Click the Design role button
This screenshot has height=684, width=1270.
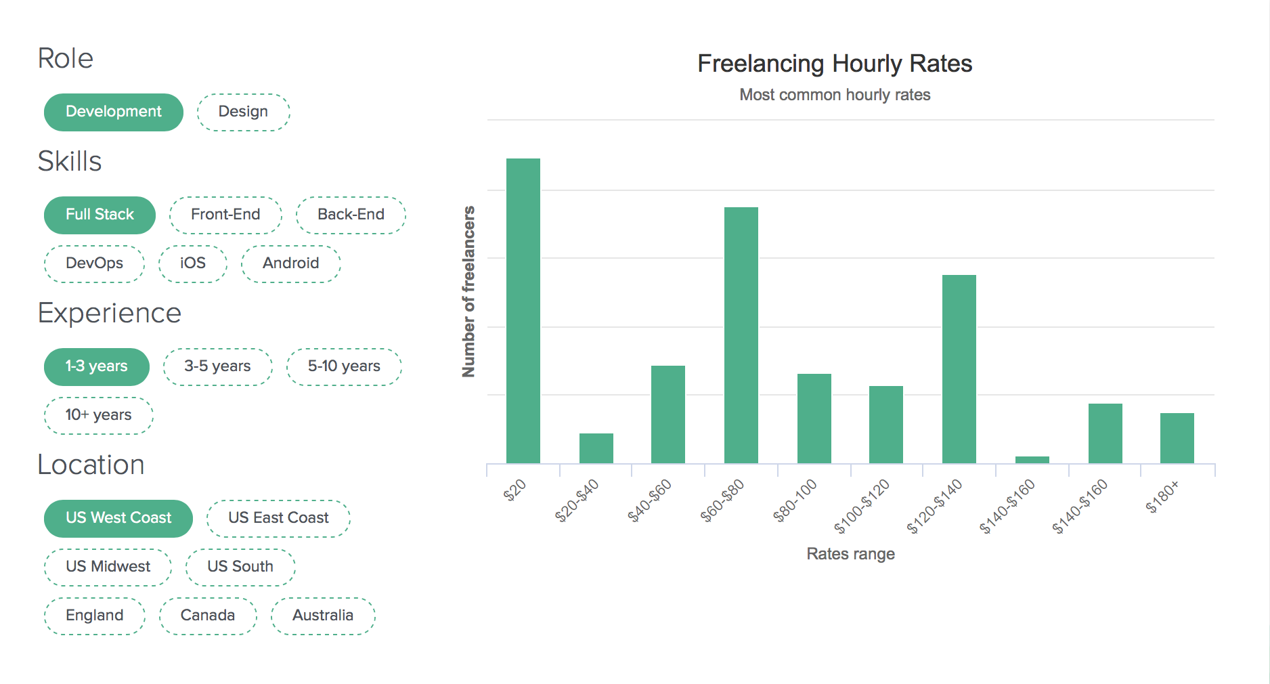(243, 112)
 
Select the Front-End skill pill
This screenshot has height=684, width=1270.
(225, 215)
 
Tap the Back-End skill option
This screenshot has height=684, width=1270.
(351, 215)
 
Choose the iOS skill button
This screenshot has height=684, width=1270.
(192, 263)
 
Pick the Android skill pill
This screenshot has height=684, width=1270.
(290, 263)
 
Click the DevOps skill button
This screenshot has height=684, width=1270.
(94, 263)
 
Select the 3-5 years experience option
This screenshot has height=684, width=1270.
(217, 366)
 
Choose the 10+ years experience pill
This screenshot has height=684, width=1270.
(98, 415)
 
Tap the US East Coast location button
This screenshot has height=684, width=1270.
(278, 518)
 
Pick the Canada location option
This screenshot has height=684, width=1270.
(207, 616)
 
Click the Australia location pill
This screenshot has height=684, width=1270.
(323, 616)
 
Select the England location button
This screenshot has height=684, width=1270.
(94, 616)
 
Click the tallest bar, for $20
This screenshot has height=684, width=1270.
(523, 312)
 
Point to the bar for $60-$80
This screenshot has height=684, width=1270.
(741, 335)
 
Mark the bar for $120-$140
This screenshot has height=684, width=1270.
(959, 369)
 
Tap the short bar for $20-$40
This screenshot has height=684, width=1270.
(596, 448)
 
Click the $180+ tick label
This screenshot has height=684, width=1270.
(1162, 496)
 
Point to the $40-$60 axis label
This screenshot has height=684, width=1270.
(650, 500)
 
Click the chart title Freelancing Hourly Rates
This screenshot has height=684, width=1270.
(835, 64)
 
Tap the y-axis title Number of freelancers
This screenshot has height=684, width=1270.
(468, 291)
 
